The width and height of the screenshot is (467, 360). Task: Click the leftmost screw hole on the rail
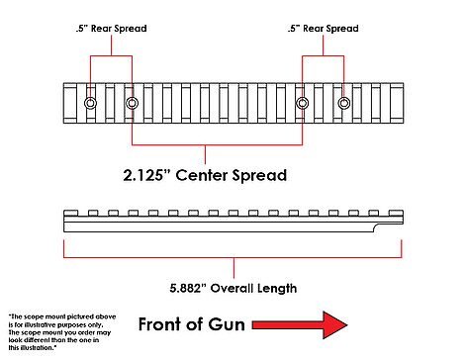pos(90,103)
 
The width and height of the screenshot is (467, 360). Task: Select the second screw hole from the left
pos(132,103)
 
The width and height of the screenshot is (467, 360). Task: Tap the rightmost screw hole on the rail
pos(344,103)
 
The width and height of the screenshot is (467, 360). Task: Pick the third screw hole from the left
pos(303,103)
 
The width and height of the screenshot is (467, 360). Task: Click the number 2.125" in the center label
pos(143,175)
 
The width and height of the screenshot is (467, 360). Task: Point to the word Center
pos(201,175)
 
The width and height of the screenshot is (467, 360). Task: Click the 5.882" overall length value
pos(187,288)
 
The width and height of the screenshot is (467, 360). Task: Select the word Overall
pos(232,288)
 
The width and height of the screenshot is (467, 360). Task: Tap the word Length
pos(277,289)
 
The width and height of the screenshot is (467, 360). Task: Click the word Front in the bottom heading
pos(160,324)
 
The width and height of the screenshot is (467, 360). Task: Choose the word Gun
pos(227,324)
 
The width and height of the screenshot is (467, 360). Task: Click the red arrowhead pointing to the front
pos(334,324)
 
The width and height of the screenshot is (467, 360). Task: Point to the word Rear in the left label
pos(101,29)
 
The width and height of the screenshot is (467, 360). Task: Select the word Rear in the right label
pos(313,29)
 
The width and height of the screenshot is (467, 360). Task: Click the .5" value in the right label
pos(294,29)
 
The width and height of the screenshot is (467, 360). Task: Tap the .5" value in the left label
pos(82,29)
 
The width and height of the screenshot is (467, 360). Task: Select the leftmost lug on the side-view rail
pos(70,213)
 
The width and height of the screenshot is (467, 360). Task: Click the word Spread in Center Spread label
pos(259,176)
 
